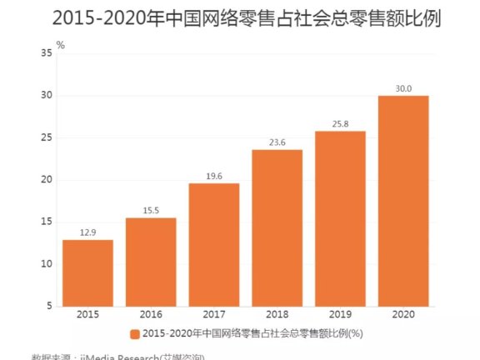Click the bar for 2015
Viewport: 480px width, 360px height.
pos(87,273)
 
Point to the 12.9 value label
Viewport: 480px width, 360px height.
pos(87,232)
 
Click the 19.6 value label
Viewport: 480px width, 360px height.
pos(213,176)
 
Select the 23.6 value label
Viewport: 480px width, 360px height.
pos(277,142)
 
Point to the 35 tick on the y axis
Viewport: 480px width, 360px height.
pos(47,53)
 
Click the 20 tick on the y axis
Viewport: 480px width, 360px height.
pos(47,180)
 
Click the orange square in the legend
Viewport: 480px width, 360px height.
pos(134,335)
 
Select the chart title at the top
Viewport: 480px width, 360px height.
pos(239,17)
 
